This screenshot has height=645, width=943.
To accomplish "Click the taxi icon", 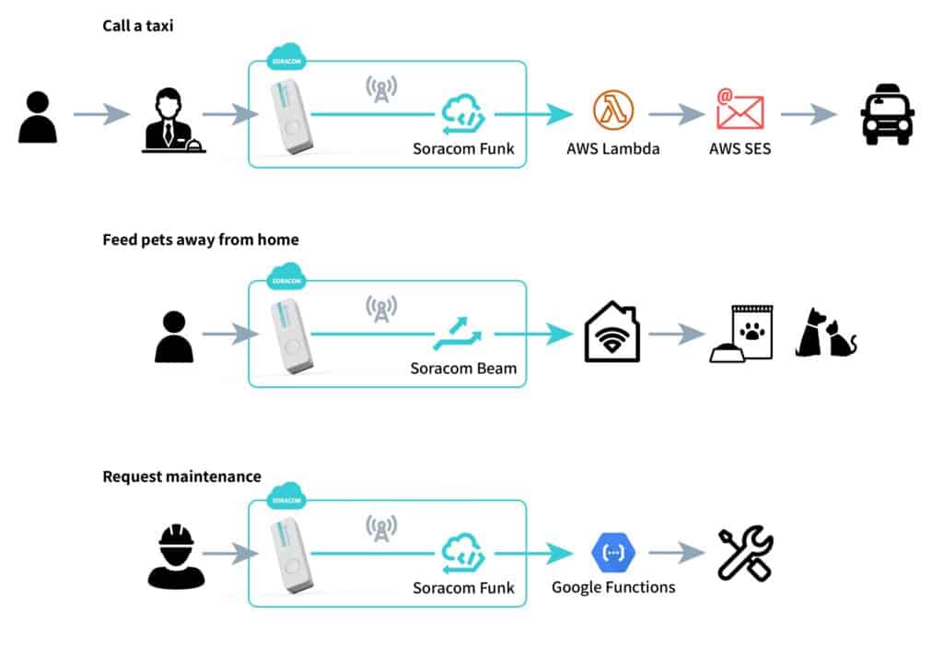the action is pos(887,114).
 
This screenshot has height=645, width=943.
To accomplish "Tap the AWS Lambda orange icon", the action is pos(612,111).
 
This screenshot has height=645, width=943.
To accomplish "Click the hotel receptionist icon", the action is pos(172,120).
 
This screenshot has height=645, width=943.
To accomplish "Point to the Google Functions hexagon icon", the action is pos(612,553).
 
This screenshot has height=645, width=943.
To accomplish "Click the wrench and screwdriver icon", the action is pos(745,553).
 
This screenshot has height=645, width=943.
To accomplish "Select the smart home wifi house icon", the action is pos(612,334).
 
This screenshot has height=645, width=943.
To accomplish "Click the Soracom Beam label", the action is pos(463,369).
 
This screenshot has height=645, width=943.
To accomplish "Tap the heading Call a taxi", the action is pos(138,26).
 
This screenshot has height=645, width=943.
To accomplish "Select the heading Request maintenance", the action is pos(181,476).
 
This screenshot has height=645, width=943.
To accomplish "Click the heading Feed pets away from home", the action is pos(200,240).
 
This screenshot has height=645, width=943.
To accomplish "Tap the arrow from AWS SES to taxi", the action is pos(808,114).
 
